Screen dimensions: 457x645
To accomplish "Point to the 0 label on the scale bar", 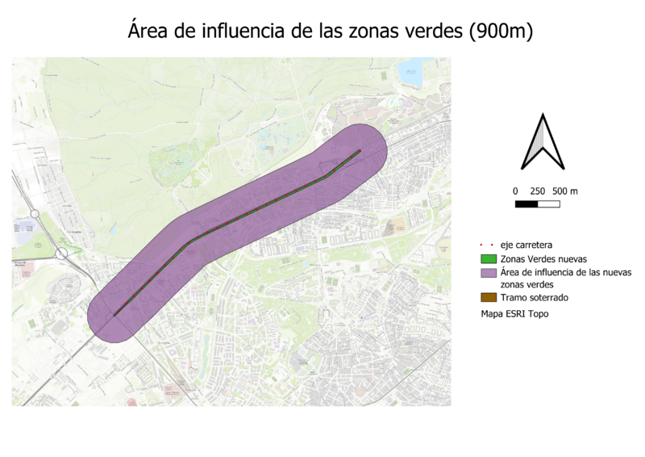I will point(515,191).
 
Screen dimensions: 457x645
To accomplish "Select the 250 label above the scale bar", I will point(538,191).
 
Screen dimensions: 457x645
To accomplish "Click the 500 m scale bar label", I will point(566,191).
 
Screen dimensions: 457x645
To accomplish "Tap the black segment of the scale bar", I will point(526,203).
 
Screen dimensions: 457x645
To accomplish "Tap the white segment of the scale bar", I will point(549,203).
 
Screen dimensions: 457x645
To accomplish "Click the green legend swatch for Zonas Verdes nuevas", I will point(489,259).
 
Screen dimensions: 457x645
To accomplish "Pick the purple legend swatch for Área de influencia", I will point(489,273).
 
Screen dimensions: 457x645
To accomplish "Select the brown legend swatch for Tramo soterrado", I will point(489,298).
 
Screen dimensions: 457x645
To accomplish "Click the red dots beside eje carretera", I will point(489,244).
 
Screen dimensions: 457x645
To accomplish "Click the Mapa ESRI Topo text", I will point(514,314).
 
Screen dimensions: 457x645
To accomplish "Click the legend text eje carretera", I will point(526,244).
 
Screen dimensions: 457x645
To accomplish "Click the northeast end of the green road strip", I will point(360,151).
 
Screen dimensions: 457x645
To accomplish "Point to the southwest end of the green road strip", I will point(115,315).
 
